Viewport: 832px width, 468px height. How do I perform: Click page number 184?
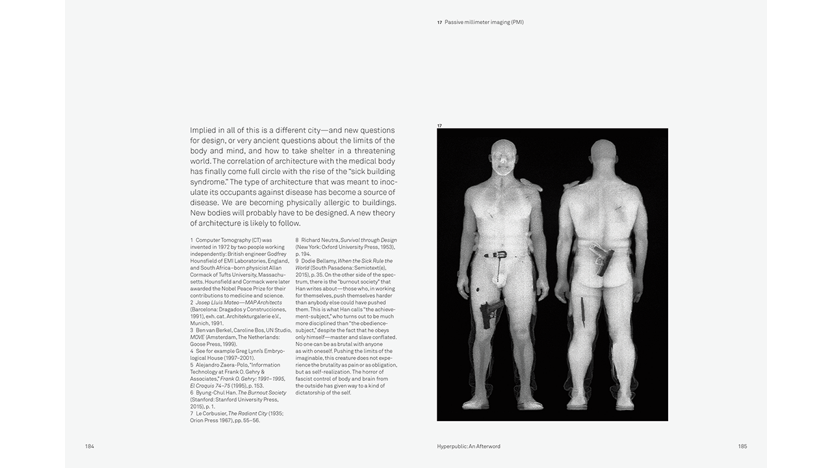coord(89,447)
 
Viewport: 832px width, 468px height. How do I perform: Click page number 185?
coord(742,447)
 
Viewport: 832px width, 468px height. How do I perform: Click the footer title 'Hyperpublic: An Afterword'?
coord(469,447)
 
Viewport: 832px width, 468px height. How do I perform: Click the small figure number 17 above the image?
coord(439,125)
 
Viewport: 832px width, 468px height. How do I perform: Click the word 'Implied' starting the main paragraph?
coord(203,130)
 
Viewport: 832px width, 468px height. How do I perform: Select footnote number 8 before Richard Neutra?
coord(297,240)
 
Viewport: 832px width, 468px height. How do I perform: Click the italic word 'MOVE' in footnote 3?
coord(198,337)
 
